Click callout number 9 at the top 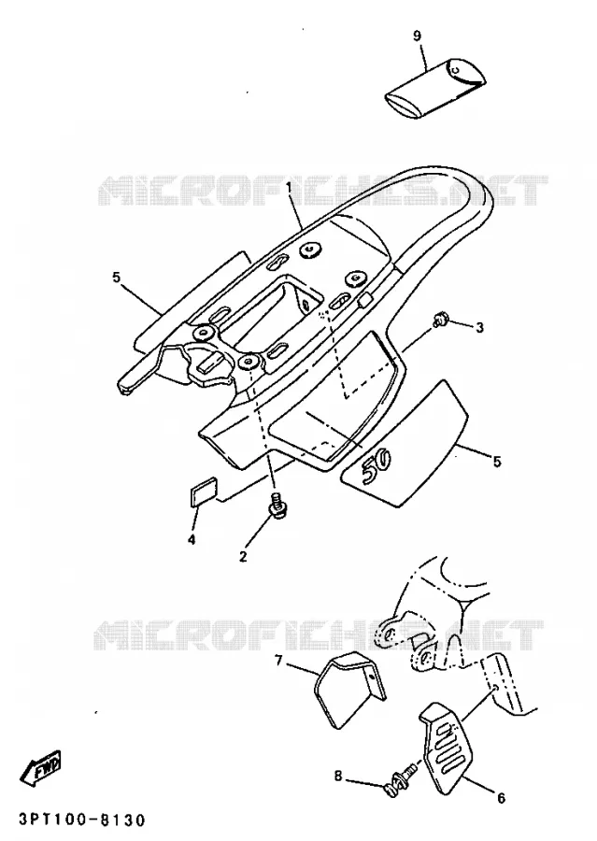418,36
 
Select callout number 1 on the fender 289,188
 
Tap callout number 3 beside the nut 479,327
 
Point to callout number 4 192,538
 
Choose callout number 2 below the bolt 243,556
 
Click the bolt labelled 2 277,505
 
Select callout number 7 278,661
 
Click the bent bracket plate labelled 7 349,689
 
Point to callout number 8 337,777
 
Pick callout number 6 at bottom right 501,798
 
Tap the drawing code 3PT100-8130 82,820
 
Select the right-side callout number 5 497,462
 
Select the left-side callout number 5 117,278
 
